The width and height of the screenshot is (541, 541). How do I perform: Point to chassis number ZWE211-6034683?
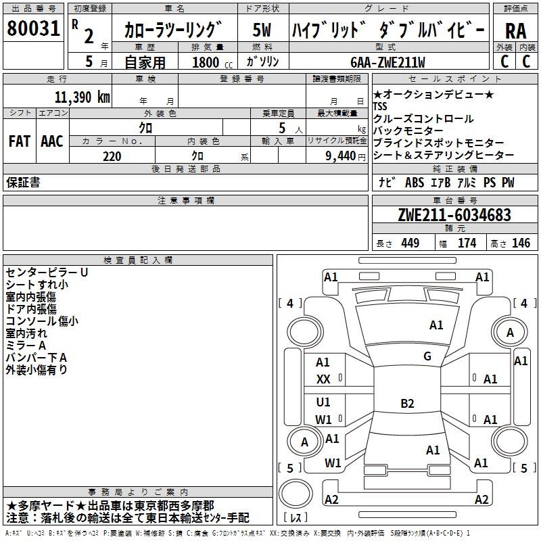click(x=455, y=216)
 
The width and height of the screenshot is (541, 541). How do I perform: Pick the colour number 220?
click(x=112, y=156)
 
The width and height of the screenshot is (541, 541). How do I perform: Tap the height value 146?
click(x=521, y=243)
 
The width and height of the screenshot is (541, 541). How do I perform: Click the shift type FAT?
click(x=19, y=141)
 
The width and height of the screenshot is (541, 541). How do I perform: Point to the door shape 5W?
click(x=262, y=30)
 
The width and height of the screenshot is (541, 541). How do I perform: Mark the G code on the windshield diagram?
click(x=427, y=356)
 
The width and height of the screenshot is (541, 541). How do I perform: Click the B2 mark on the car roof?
click(x=407, y=404)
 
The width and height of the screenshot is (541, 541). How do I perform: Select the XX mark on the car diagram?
click(x=323, y=379)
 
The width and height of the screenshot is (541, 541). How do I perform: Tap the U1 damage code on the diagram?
click(x=323, y=402)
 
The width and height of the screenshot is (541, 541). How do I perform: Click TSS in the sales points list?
click(x=382, y=107)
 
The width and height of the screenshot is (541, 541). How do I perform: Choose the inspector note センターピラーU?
click(x=47, y=272)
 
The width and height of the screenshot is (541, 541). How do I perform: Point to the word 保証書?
click(x=23, y=183)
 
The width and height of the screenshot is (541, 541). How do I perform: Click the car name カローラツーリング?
click(x=174, y=30)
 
